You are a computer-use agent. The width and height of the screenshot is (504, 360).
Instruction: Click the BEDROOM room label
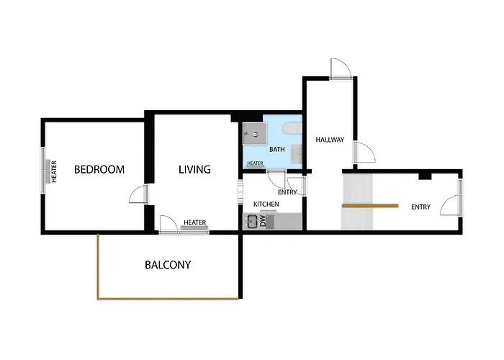tap(99, 169)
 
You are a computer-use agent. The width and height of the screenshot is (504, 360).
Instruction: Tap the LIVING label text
tap(194, 169)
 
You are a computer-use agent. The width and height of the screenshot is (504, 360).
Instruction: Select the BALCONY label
tap(168, 265)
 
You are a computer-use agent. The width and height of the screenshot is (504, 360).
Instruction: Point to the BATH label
tap(276, 150)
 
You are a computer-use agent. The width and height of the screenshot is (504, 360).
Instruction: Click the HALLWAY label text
tap(330, 140)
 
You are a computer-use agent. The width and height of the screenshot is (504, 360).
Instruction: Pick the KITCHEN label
tap(266, 204)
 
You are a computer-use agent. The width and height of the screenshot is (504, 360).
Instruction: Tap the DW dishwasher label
tap(263, 221)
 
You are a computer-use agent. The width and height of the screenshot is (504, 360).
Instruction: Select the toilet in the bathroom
tap(292, 128)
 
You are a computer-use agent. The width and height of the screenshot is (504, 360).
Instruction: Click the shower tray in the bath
tap(255, 133)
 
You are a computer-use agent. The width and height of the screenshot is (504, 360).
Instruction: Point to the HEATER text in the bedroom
tap(54, 171)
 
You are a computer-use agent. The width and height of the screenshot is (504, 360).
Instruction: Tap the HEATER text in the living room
tap(195, 222)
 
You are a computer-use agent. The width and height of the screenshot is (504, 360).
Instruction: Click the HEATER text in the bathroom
tap(255, 163)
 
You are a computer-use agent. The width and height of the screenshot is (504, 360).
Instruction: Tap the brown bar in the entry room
tap(370, 206)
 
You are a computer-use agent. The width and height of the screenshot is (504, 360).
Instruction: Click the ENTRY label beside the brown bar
tap(420, 207)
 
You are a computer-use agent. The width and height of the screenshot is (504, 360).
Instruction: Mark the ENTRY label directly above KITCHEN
tap(287, 192)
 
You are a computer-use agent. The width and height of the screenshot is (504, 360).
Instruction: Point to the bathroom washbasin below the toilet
tap(297, 154)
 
